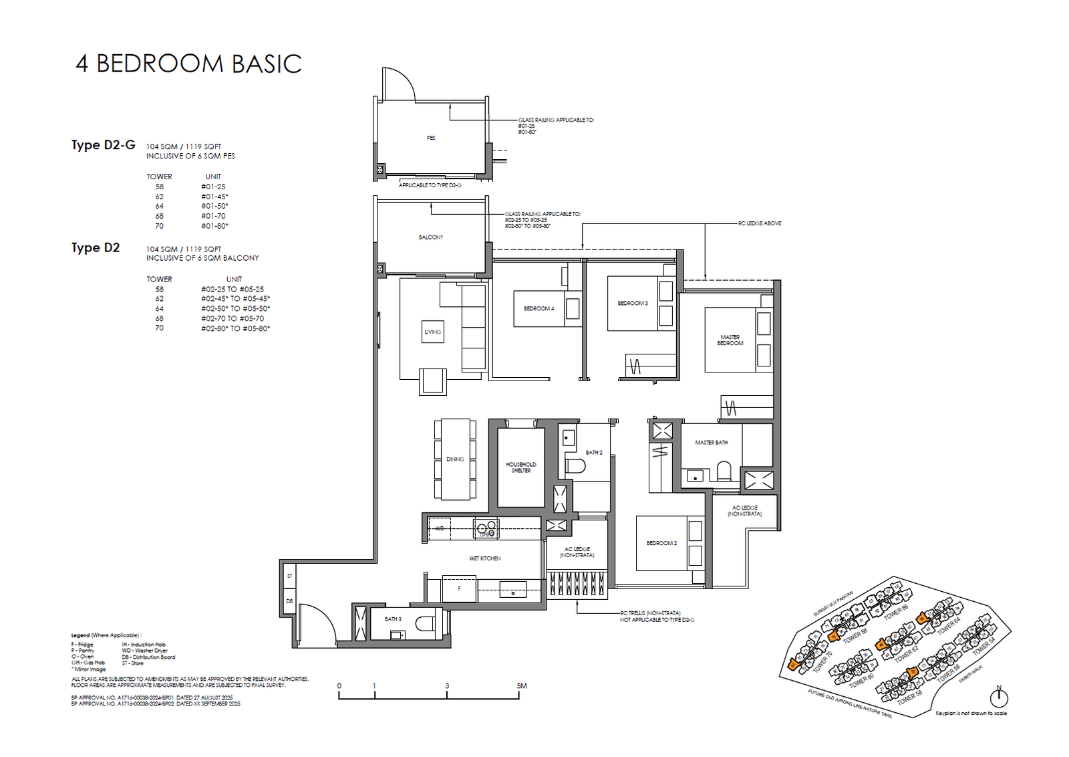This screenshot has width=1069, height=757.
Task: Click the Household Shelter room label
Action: click(520, 467)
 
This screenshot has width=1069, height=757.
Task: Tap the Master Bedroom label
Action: click(730, 340)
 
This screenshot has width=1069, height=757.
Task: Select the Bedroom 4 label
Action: click(539, 308)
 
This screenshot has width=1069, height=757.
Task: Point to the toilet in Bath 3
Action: click(424, 624)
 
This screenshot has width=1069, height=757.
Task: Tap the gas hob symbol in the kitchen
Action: click(486, 529)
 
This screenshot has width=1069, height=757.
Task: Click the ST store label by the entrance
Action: click(289, 575)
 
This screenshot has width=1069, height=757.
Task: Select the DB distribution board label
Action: click(289, 601)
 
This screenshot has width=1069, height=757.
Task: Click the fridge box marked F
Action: click(459, 588)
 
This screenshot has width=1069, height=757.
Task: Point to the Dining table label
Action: click(455, 459)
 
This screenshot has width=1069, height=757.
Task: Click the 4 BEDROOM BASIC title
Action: click(188, 64)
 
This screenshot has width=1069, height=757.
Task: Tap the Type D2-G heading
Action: click(103, 145)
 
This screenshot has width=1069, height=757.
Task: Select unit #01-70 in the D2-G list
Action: click(213, 216)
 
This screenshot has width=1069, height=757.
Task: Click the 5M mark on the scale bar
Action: click(521, 685)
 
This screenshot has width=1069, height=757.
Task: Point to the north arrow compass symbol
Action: click(998, 697)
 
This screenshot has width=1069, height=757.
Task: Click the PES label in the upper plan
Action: click(431, 138)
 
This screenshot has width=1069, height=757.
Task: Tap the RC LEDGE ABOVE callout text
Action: click(759, 223)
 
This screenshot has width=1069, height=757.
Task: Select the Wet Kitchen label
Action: click(484, 558)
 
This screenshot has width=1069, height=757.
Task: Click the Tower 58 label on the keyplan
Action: click(909, 697)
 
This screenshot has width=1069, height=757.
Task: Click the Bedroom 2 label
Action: click(661, 543)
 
